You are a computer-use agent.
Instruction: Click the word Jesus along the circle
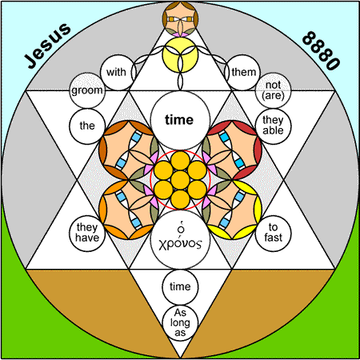[47, 46]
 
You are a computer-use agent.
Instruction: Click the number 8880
[322, 50]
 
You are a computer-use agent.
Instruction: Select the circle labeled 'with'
[118, 72]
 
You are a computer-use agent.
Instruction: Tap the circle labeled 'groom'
[87, 90]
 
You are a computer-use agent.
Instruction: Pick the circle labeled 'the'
[87, 126]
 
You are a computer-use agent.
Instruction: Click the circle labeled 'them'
[243, 72]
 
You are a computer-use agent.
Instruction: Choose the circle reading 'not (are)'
[274, 90]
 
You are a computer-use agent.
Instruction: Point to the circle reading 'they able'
[274, 126]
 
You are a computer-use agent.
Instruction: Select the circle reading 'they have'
[87, 234]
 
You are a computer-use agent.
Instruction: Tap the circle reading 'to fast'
[274, 234]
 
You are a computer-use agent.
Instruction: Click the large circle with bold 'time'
[180, 120]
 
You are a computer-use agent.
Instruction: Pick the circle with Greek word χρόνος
[180, 239]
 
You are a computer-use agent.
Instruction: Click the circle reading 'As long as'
[180, 323]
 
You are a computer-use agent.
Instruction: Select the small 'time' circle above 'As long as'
[180, 287]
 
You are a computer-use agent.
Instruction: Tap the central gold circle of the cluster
[180, 180]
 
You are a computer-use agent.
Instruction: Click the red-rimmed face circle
[232, 150]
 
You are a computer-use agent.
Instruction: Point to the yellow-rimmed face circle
[232, 210]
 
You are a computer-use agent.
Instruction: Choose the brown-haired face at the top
[180, 18]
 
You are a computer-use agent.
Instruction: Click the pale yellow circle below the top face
[180, 54]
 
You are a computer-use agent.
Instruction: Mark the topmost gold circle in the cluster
[180, 161]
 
